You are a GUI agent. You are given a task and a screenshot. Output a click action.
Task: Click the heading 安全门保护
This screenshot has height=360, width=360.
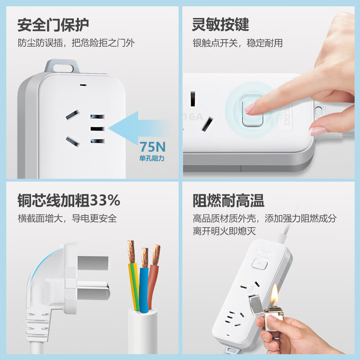tap(53, 25)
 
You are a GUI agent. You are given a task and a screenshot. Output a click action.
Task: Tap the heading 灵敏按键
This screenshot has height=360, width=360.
tap(220, 25)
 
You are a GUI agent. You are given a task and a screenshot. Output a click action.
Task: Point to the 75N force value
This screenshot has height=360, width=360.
tap(152, 147)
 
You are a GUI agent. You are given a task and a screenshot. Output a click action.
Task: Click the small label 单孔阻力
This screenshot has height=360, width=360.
tap(152, 158)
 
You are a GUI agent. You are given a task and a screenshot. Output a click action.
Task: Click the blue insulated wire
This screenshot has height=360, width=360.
tap(144, 288)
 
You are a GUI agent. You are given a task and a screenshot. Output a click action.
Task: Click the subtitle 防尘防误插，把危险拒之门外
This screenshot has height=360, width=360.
tap(76, 43)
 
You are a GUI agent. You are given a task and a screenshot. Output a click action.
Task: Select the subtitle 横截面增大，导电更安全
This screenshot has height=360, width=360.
tap(67, 218)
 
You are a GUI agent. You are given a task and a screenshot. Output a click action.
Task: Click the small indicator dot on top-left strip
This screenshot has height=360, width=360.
tap(82, 84)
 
